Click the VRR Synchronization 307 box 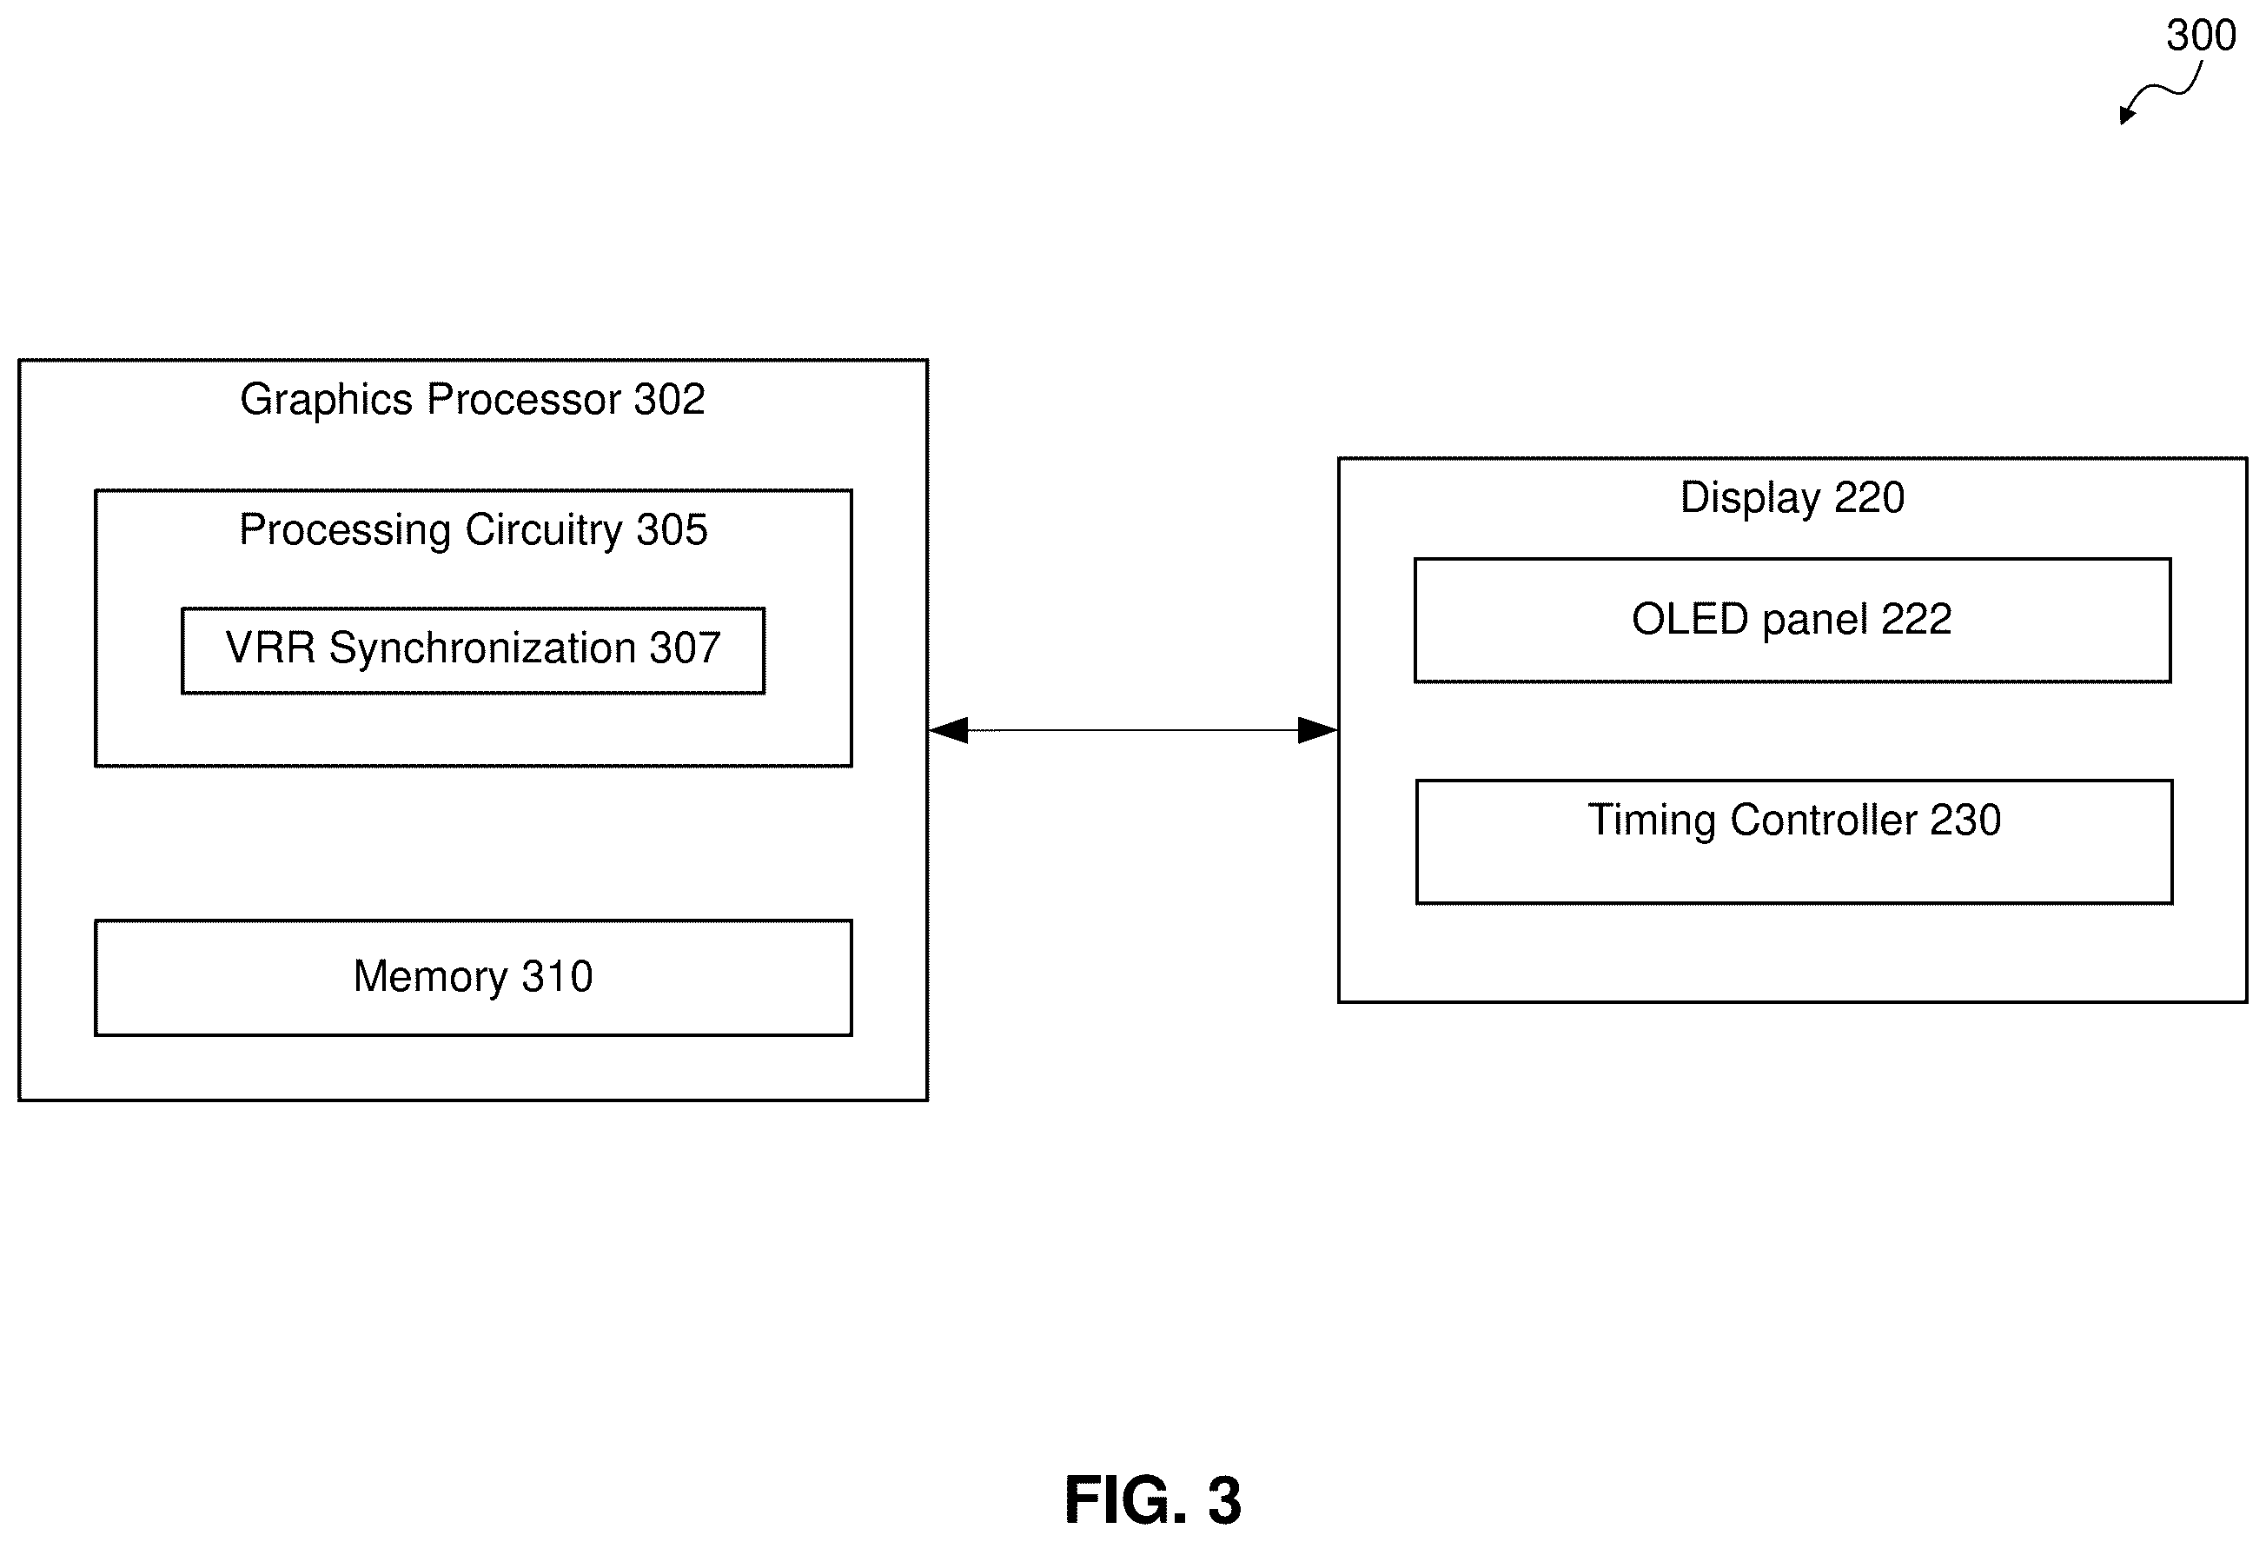pyautogui.click(x=473, y=650)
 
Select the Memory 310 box pyautogui.click(x=473, y=977)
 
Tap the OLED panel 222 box pyautogui.click(x=1792, y=621)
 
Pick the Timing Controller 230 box pyautogui.click(x=1794, y=841)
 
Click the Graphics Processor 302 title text pyautogui.click(x=473, y=400)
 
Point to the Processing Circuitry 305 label pyautogui.click(x=473, y=530)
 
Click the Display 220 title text pyautogui.click(x=1792, y=498)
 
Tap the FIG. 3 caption pyautogui.click(x=1152, y=1499)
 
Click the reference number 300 pyautogui.click(x=2201, y=37)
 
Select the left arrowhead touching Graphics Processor pyautogui.click(x=948, y=729)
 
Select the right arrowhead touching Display pyautogui.click(x=1317, y=729)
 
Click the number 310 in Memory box pyautogui.click(x=557, y=977)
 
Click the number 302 pyautogui.click(x=669, y=400)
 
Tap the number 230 pyautogui.click(x=1965, y=821)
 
